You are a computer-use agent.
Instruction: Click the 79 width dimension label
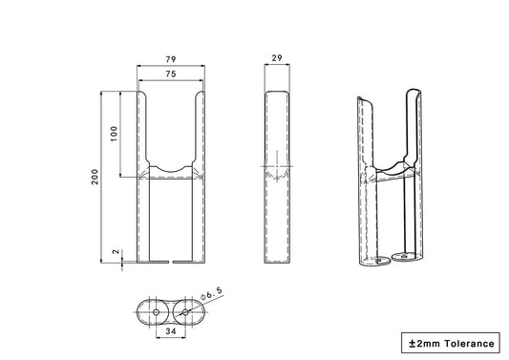point(171,59)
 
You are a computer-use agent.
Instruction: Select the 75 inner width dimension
point(171,74)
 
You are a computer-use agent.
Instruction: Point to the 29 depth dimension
point(277,58)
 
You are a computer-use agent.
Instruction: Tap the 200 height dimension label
point(95,177)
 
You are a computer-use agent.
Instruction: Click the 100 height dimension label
point(114,134)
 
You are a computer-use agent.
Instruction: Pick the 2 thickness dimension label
point(116,252)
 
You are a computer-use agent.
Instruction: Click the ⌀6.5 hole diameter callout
point(212,293)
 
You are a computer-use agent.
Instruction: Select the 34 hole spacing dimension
point(171,331)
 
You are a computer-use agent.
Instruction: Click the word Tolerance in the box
point(470,344)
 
